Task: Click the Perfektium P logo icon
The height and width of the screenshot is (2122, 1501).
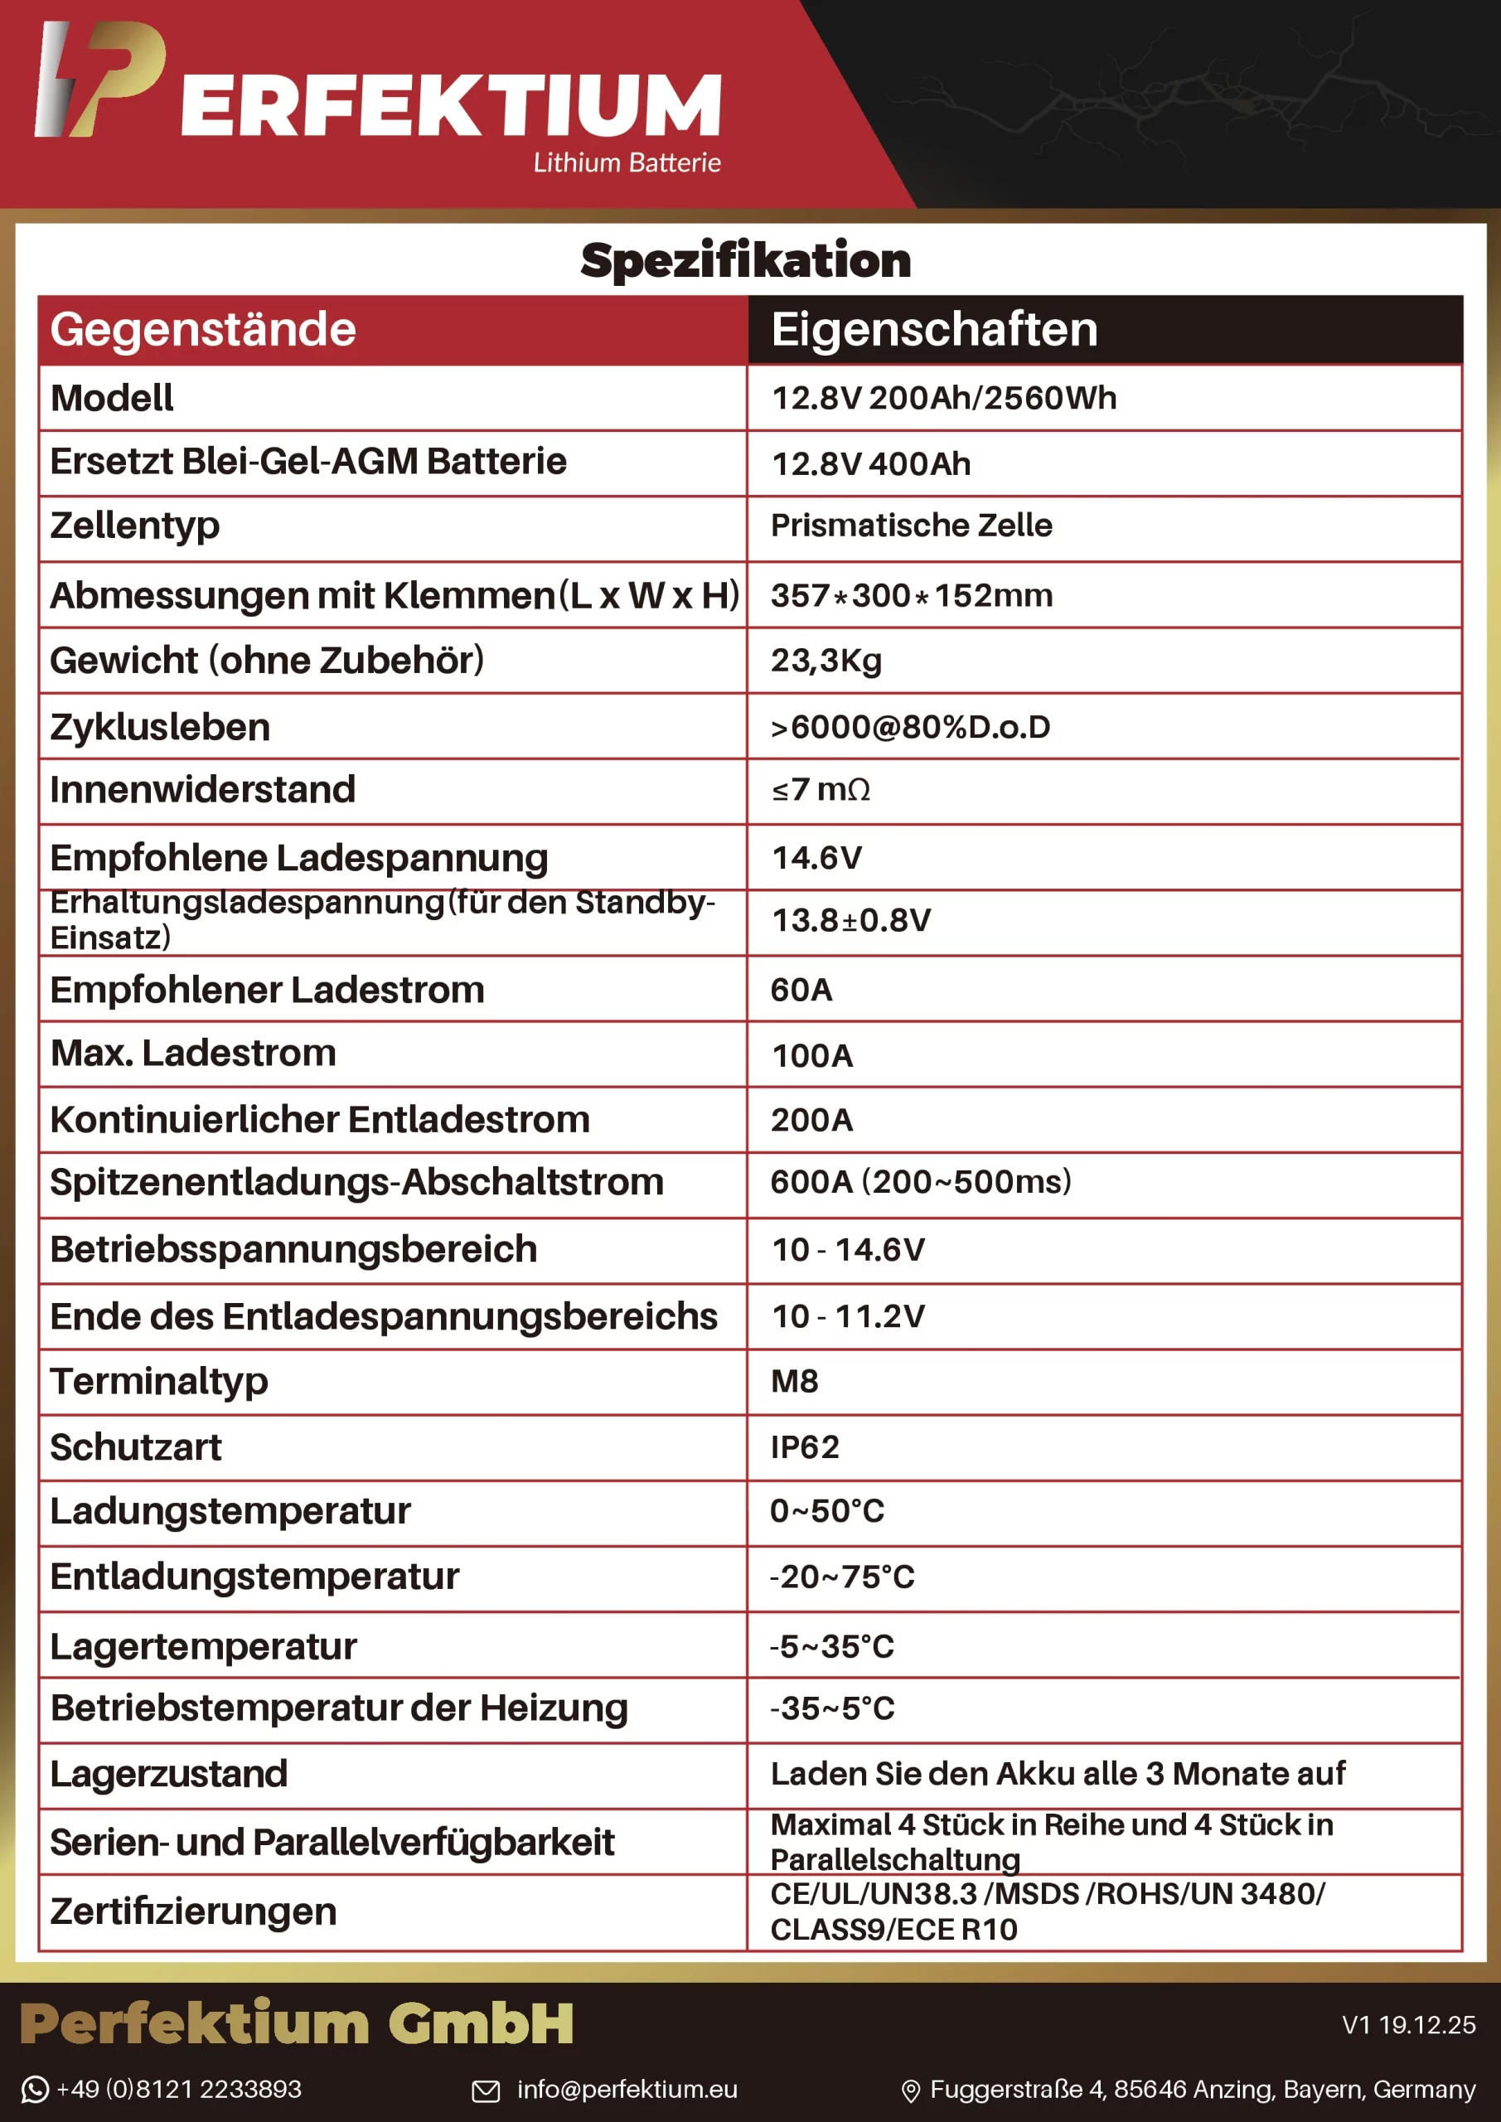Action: coord(99,80)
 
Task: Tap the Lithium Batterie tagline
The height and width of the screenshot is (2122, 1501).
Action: coord(627,162)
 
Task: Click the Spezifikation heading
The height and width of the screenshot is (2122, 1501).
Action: coord(745,259)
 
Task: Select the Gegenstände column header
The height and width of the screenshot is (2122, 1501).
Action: coord(203,329)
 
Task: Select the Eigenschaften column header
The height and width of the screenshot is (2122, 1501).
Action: coord(933,329)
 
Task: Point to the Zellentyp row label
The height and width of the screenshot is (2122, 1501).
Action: coord(135,525)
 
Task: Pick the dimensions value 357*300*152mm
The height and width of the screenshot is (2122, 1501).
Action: coord(912,595)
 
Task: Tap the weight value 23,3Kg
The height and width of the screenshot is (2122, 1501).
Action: coord(826,660)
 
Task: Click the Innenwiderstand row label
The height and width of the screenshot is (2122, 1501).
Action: coord(202,789)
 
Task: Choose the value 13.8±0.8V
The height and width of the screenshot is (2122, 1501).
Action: coord(851,921)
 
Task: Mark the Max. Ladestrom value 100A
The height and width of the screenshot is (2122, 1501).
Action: coord(811,1055)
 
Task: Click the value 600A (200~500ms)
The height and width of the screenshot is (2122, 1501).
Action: coord(921,1181)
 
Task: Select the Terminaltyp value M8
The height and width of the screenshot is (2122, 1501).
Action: coord(794,1381)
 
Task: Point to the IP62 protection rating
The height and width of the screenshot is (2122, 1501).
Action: coord(804,1446)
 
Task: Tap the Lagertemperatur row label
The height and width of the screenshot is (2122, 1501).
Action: coord(203,1646)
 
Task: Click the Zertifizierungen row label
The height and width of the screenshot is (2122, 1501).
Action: coord(193,1911)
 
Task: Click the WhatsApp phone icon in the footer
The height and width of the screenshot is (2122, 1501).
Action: coord(35,2089)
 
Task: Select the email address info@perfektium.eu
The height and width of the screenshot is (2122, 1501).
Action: coord(627,2089)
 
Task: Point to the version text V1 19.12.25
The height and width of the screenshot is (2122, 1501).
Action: coord(1407,2025)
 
